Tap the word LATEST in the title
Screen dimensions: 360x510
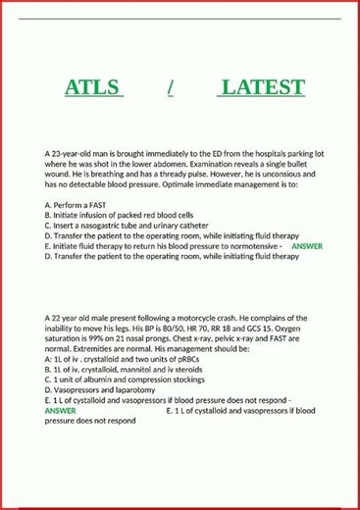(x=262, y=87)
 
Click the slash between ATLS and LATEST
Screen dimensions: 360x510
(x=171, y=87)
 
